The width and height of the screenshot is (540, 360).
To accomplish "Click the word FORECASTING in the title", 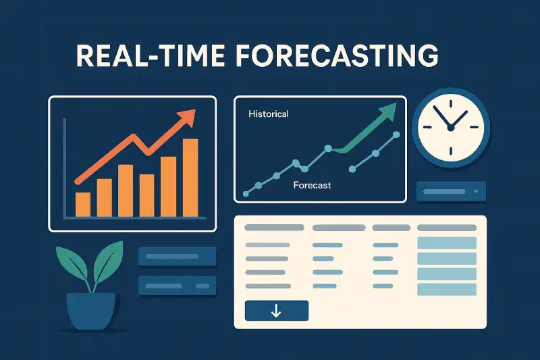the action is click(x=337, y=56).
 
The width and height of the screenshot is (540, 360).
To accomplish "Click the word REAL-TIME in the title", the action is click(x=151, y=56).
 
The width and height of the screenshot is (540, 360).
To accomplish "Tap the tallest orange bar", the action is click(x=190, y=178).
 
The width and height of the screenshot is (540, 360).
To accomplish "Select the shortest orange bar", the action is click(x=83, y=205).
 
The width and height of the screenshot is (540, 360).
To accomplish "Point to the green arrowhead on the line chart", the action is click(x=389, y=111).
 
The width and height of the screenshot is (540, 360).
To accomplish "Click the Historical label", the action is click(x=269, y=114).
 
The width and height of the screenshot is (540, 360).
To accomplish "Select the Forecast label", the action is click(x=312, y=185).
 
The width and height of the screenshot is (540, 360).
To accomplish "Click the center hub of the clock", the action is click(x=450, y=128).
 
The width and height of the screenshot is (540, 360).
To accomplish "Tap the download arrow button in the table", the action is click(x=277, y=311).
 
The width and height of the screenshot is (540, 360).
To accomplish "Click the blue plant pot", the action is click(x=90, y=311).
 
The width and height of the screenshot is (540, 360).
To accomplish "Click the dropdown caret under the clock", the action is click(x=476, y=191).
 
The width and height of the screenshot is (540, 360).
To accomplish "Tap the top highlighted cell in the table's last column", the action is click(x=447, y=243).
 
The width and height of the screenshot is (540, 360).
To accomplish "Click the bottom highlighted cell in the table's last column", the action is click(x=447, y=289).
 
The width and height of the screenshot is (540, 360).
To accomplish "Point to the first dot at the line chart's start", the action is click(x=246, y=194).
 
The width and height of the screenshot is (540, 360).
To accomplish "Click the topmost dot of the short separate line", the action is click(x=396, y=134).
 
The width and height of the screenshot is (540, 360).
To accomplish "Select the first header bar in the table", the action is click(x=274, y=228).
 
